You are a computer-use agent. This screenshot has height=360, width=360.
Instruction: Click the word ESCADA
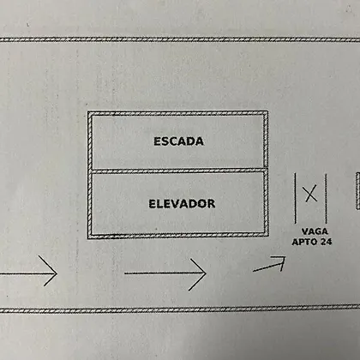(x=178, y=141)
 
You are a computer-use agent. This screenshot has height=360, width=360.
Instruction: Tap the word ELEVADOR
(x=182, y=204)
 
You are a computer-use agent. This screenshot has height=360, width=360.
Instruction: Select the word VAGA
(x=315, y=231)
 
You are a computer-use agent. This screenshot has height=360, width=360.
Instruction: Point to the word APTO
(x=304, y=242)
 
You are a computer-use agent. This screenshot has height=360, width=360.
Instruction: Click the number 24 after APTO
(x=326, y=242)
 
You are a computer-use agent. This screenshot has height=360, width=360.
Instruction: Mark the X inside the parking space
(x=310, y=194)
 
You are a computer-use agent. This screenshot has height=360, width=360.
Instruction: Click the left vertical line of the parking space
(x=295, y=198)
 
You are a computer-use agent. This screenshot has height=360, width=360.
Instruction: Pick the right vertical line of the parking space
(x=326, y=198)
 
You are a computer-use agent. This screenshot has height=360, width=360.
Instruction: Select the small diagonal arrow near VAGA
(x=269, y=264)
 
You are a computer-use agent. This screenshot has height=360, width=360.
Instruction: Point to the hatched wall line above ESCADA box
(x=180, y=39)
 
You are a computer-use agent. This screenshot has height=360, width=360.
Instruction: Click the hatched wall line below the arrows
(x=180, y=309)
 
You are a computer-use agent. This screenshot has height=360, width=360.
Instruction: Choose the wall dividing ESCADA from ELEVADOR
(x=177, y=171)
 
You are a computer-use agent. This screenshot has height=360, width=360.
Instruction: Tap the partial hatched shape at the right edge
(x=357, y=191)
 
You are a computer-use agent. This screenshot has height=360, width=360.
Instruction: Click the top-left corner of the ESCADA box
(x=88, y=112)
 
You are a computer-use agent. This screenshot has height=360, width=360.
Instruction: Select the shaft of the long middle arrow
(x=165, y=273)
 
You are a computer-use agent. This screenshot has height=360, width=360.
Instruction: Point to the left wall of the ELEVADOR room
(x=90, y=203)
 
